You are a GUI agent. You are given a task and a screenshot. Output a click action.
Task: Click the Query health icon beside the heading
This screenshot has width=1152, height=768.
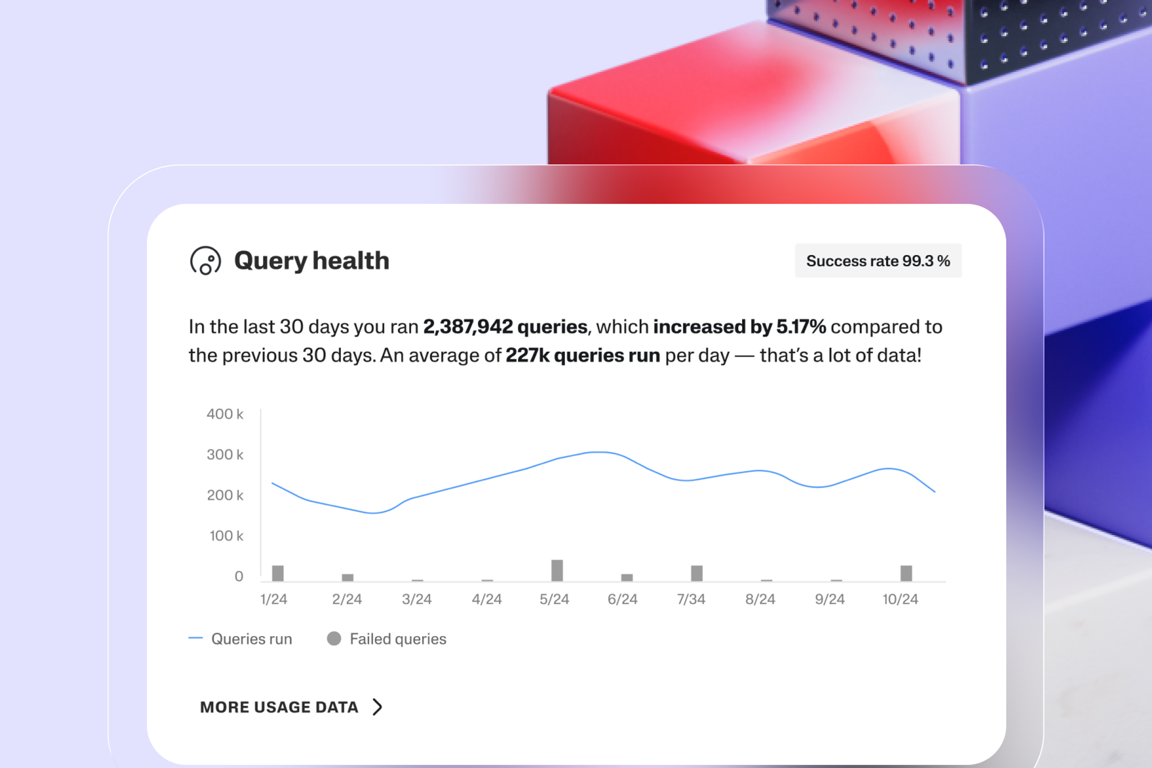point(205,260)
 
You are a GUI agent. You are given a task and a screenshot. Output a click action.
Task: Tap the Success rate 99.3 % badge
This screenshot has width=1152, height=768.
point(878,260)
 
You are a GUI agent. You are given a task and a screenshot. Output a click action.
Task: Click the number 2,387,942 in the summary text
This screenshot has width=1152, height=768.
point(468,327)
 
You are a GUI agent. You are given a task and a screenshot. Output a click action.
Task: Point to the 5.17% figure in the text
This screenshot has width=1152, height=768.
point(801,327)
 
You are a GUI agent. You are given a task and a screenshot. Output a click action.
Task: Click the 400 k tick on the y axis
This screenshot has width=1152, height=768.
point(225,414)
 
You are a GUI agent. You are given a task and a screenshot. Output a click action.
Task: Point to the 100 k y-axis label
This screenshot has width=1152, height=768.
point(226,536)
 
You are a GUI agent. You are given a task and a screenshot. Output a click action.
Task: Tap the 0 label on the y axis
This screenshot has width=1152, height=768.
point(238,576)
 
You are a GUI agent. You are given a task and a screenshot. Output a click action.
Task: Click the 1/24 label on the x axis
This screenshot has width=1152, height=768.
point(274,599)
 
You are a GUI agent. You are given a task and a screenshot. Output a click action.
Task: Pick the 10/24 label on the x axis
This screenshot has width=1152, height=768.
point(900,599)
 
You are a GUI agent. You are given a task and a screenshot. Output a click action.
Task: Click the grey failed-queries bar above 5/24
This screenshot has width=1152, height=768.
point(557,570)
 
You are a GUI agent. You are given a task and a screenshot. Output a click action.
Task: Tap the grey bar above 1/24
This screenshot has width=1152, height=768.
point(278,573)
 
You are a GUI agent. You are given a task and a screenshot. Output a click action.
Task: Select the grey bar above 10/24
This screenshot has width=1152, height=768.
point(906,573)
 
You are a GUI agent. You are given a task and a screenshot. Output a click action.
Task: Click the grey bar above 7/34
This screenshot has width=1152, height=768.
point(697,573)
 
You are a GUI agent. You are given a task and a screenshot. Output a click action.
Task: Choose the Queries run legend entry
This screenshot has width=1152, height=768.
point(251,639)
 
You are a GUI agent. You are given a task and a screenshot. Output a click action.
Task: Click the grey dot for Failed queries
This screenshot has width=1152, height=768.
point(334,638)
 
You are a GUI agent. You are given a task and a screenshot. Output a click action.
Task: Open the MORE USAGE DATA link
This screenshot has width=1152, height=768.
point(279,707)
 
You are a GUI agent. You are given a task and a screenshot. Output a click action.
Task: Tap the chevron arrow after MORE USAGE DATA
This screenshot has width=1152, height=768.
point(377,707)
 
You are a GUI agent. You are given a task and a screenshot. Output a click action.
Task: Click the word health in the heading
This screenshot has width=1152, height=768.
point(351,260)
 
